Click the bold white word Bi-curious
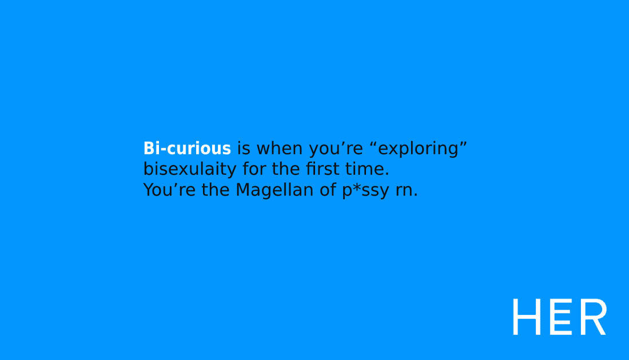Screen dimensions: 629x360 187,149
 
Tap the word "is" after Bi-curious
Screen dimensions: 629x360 244,149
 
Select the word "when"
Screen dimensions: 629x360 280,149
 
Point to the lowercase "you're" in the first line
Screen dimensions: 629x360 336,149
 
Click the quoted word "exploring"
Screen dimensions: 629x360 419,149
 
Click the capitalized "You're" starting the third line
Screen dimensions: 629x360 169,190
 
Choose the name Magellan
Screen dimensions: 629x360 274,191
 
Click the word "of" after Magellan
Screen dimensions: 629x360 327,190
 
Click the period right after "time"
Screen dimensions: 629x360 387,174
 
